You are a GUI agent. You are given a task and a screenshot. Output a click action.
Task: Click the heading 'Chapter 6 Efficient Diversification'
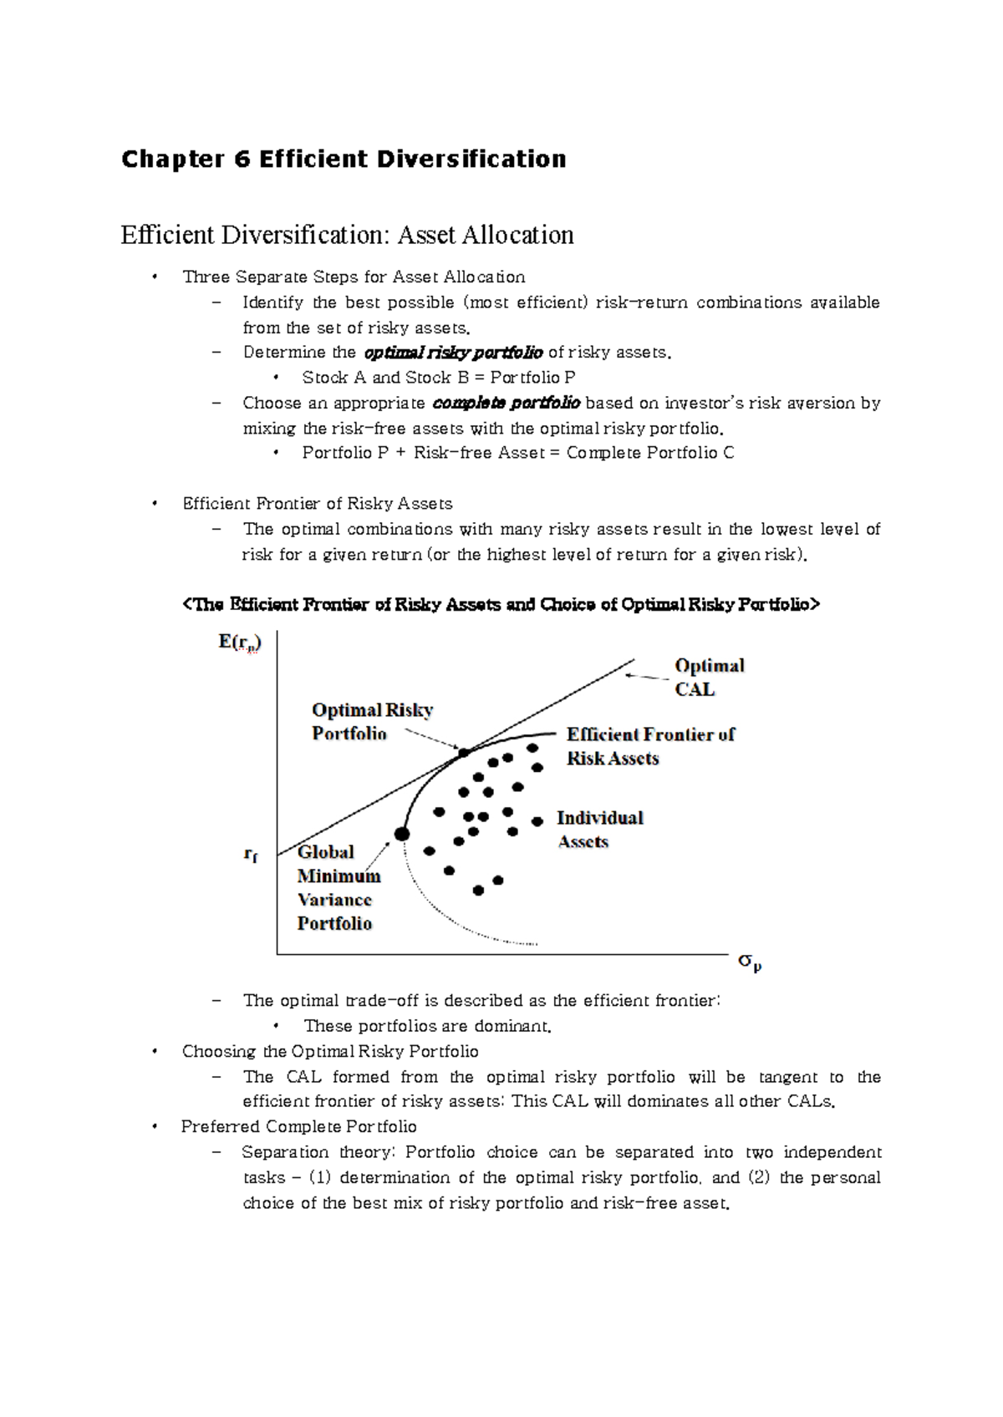pyautogui.click(x=344, y=159)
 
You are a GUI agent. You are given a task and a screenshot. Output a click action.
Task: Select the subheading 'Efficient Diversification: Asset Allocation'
pyautogui.click(x=347, y=235)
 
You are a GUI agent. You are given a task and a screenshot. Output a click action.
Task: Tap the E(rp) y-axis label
pyautogui.click(x=240, y=642)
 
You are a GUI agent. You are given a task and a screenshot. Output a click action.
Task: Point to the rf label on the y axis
pyautogui.click(x=251, y=855)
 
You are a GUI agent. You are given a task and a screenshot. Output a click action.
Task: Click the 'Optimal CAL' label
pyautogui.click(x=709, y=678)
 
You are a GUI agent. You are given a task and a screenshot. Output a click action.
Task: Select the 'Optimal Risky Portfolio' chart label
pyautogui.click(x=372, y=721)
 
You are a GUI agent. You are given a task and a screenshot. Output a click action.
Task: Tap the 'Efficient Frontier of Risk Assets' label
pyautogui.click(x=650, y=746)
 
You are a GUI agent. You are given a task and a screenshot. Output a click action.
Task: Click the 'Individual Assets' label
pyautogui.click(x=599, y=829)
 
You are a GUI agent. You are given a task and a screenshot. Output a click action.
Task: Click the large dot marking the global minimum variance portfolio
pyautogui.click(x=402, y=834)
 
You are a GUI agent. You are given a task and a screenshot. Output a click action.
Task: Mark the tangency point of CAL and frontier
pyautogui.click(x=464, y=753)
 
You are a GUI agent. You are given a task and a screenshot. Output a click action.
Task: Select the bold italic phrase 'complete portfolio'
pyautogui.click(x=507, y=403)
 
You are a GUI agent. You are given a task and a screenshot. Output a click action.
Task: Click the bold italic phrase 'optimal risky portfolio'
pyautogui.click(x=454, y=353)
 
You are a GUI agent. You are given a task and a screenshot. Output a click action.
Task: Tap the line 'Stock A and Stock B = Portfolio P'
pyautogui.click(x=438, y=378)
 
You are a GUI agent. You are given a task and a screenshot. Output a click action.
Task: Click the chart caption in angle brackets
pyautogui.click(x=501, y=604)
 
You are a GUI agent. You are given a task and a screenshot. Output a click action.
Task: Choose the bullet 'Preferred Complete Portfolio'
pyautogui.click(x=298, y=1126)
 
